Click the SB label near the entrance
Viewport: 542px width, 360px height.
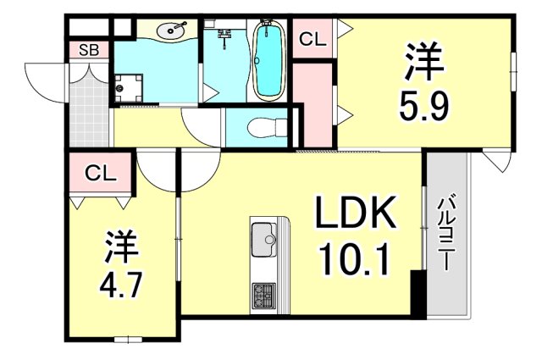tap(89, 51)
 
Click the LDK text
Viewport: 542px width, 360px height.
tap(357, 216)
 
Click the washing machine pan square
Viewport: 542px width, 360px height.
tap(130, 86)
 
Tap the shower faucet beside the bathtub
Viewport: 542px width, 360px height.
tap(224, 36)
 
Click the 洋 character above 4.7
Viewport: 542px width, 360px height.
tap(120, 246)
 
